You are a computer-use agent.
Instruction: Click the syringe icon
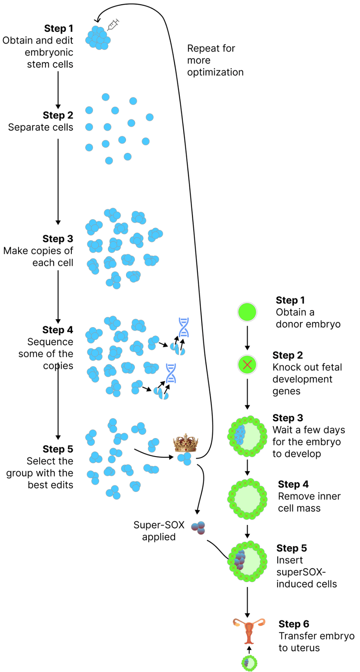pyautogui.click(x=113, y=25)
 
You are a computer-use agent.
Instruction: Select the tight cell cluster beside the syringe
pyautogui.click(x=98, y=38)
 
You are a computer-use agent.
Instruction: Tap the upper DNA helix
pyautogui.click(x=184, y=328)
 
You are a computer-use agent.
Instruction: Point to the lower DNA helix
pyautogui.click(x=171, y=373)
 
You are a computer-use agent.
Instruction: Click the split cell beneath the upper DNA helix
pyautogui.click(x=178, y=349)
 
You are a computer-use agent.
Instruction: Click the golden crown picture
pyautogui.click(x=186, y=442)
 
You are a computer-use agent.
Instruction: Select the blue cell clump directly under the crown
pyautogui.click(x=184, y=458)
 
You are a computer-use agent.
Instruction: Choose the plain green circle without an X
pyautogui.click(x=247, y=312)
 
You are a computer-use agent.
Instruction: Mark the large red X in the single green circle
pyautogui.click(x=247, y=365)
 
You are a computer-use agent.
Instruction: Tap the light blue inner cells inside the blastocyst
pyautogui.click(x=239, y=435)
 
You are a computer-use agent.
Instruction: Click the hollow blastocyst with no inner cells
pyautogui.click(x=247, y=499)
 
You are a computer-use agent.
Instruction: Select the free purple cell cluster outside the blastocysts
pyautogui.click(x=198, y=528)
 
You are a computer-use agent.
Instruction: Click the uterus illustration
pyautogui.click(x=250, y=631)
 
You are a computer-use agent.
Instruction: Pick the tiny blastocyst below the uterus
pyautogui.click(x=249, y=663)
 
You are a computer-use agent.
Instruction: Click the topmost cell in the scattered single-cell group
pyautogui.click(x=105, y=97)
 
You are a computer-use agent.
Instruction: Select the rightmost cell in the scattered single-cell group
pyautogui.click(x=150, y=117)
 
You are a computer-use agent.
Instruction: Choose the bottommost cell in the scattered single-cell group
pyautogui.click(x=109, y=160)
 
